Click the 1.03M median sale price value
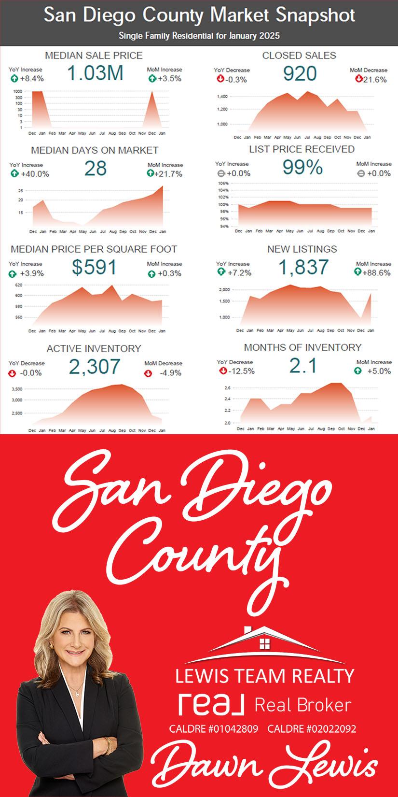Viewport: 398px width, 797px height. [95, 73]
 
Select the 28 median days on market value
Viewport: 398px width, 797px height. [95, 169]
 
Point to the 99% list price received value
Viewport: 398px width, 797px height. [302, 168]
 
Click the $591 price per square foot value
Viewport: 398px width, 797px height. [94, 267]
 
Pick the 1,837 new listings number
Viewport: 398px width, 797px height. [303, 267]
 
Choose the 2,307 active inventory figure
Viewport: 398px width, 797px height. [94, 367]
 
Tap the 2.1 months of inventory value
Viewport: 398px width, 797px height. [303, 366]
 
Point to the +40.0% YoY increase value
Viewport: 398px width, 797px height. [35, 174]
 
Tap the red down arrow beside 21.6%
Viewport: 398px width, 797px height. [358, 79]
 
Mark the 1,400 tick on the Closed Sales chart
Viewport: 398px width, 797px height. [222, 97]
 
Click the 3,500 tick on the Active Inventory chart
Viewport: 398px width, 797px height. [16, 389]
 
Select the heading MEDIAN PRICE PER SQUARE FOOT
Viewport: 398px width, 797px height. [94, 249]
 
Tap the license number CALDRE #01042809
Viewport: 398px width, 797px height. [214, 729]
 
